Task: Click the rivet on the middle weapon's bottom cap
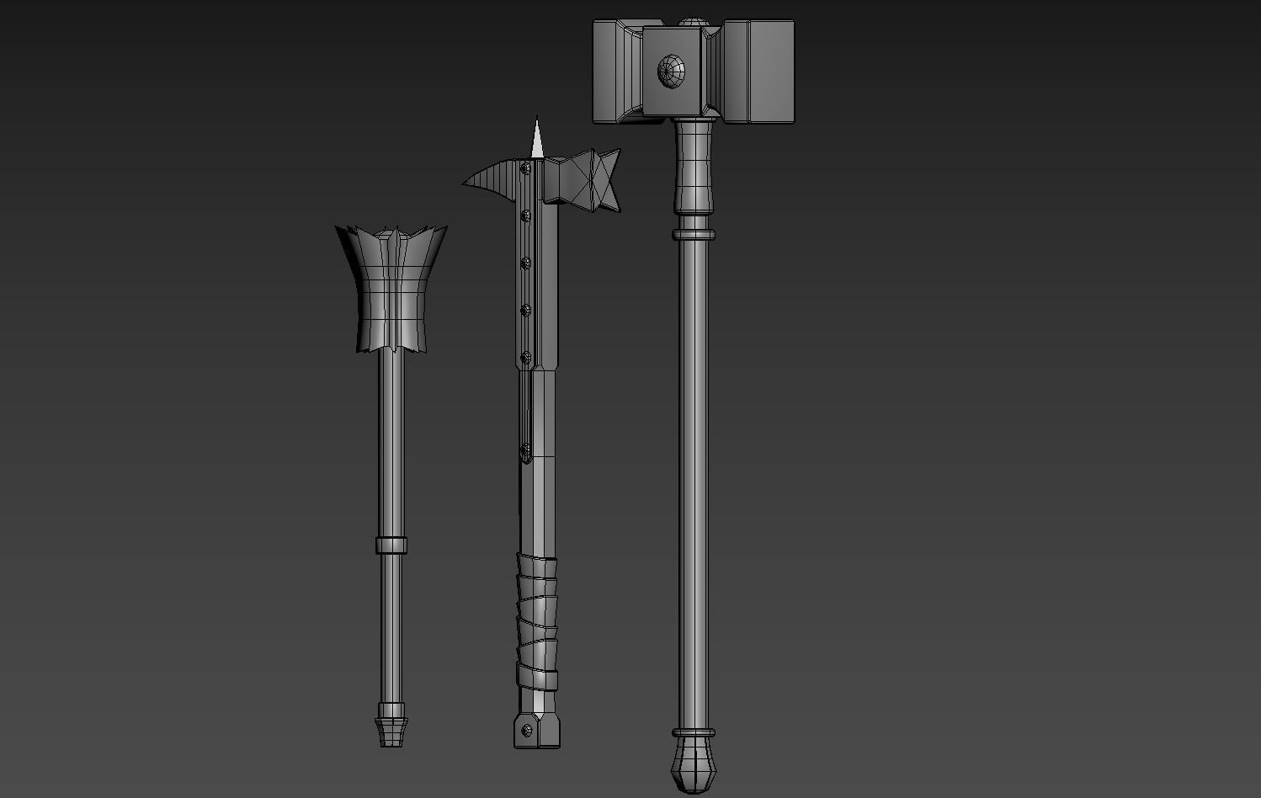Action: (x=527, y=731)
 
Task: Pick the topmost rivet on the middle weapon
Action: (x=526, y=169)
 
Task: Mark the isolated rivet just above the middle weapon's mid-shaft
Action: (x=526, y=451)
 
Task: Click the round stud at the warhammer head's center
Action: (x=671, y=70)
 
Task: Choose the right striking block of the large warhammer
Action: (x=759, y=72)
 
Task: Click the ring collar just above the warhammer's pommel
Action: (x=694, y=733)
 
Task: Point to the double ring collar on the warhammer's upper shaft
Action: (x=694, y=234)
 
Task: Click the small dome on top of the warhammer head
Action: (x=692, y=20)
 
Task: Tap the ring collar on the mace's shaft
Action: (x=391, y=545)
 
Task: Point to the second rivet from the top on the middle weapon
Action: (x=526, y=216)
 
